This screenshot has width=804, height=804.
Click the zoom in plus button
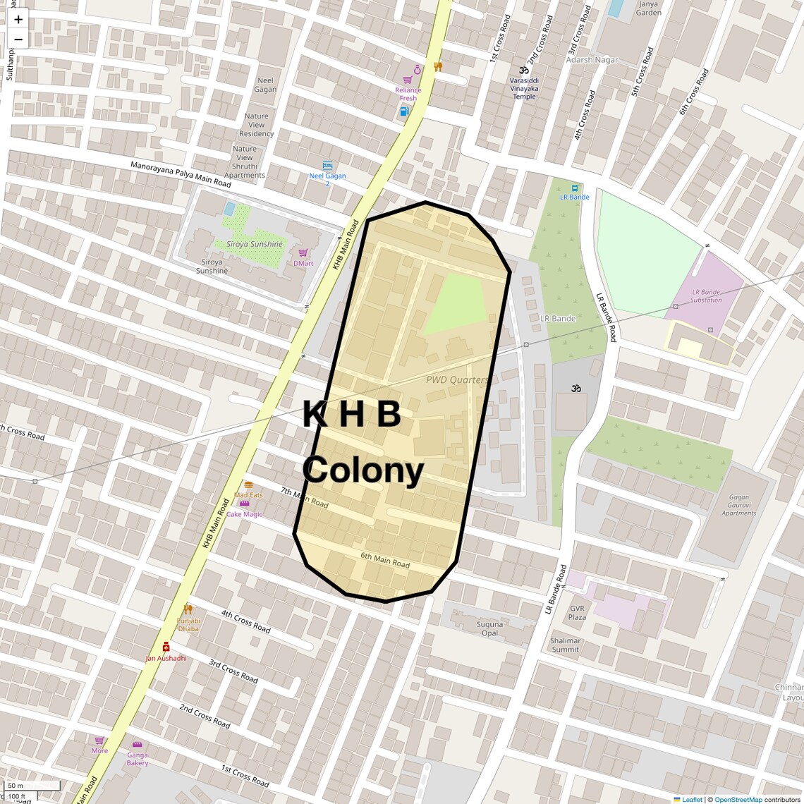[x=18, y=20]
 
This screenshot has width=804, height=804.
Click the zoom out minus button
[x=18, y=39]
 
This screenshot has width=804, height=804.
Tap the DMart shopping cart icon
[x=303, y=253]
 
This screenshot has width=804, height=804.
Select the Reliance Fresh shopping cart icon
[x=407, y=80]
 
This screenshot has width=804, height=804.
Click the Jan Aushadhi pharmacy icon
[x=166, y=647]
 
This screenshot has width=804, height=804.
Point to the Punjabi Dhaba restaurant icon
[x=188, y=609]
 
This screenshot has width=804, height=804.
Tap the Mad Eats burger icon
[x=248, y=485]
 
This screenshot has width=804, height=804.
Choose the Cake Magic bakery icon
[x=244, y=504]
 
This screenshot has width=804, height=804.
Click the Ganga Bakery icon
[x=137, y=745]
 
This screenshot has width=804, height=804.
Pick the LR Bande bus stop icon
[x=574, y=188]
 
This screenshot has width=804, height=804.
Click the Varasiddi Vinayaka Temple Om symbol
[x=524, y=70]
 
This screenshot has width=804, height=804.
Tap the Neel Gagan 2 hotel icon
[x=327, y=165]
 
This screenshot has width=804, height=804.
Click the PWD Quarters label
[x=457, y=379]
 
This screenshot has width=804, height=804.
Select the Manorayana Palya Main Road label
[x=181, y=174]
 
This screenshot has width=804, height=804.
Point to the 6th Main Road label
[x=385, y=560]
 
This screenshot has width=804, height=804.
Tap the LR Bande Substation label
[x=706, y=296]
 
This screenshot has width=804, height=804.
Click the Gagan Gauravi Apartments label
[x=738, y=505]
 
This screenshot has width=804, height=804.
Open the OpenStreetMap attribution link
[x=738, y=799]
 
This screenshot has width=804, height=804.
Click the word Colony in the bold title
[x=363, y=470]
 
